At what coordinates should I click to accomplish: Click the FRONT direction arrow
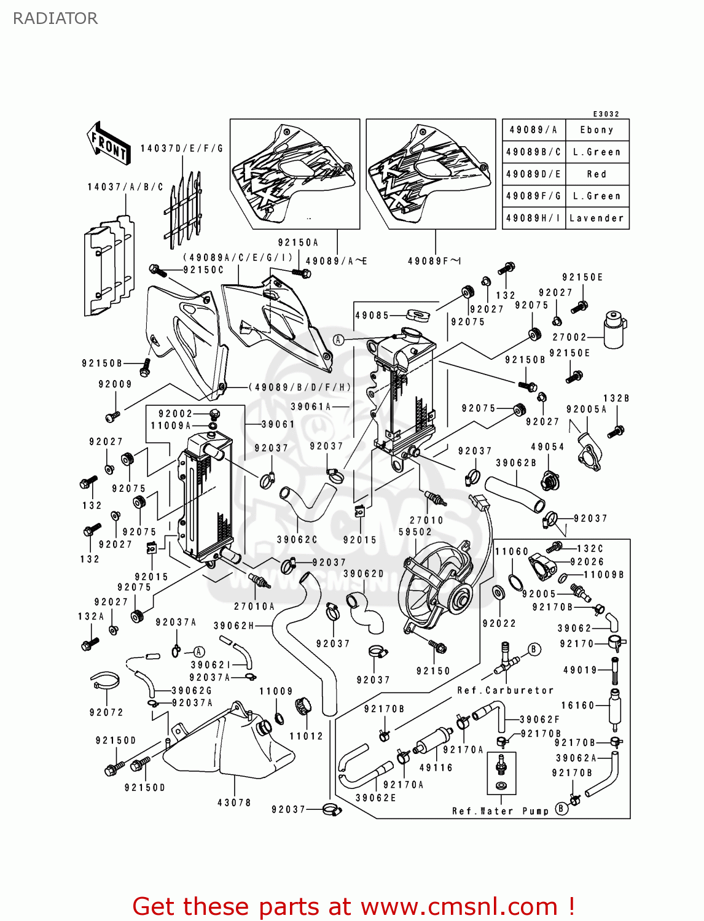coord(109,144)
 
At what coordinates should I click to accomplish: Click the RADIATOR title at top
coord(55,18)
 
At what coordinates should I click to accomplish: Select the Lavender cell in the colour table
coord(596,218)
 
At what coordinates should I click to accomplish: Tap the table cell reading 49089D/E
coord(533,174)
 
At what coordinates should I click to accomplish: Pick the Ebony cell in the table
coord(596,130)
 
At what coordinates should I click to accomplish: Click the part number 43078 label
coord(234,802)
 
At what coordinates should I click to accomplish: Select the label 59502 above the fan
coord(415,532)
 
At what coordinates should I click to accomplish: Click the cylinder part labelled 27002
coord(614,330)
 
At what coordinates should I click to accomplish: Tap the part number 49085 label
coord(372,315)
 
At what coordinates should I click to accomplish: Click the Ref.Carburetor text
coord(505,690)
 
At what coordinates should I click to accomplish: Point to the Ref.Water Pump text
coord(500,811)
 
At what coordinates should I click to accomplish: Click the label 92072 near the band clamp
coord(106,712)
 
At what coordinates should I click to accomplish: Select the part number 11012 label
coord(306,736)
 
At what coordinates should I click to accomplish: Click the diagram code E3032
coord(606,114)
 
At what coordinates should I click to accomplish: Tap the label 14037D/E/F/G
coord(181,148)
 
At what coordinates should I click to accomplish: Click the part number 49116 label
coord(436,767)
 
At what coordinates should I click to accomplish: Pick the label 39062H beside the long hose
coord(233,626)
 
